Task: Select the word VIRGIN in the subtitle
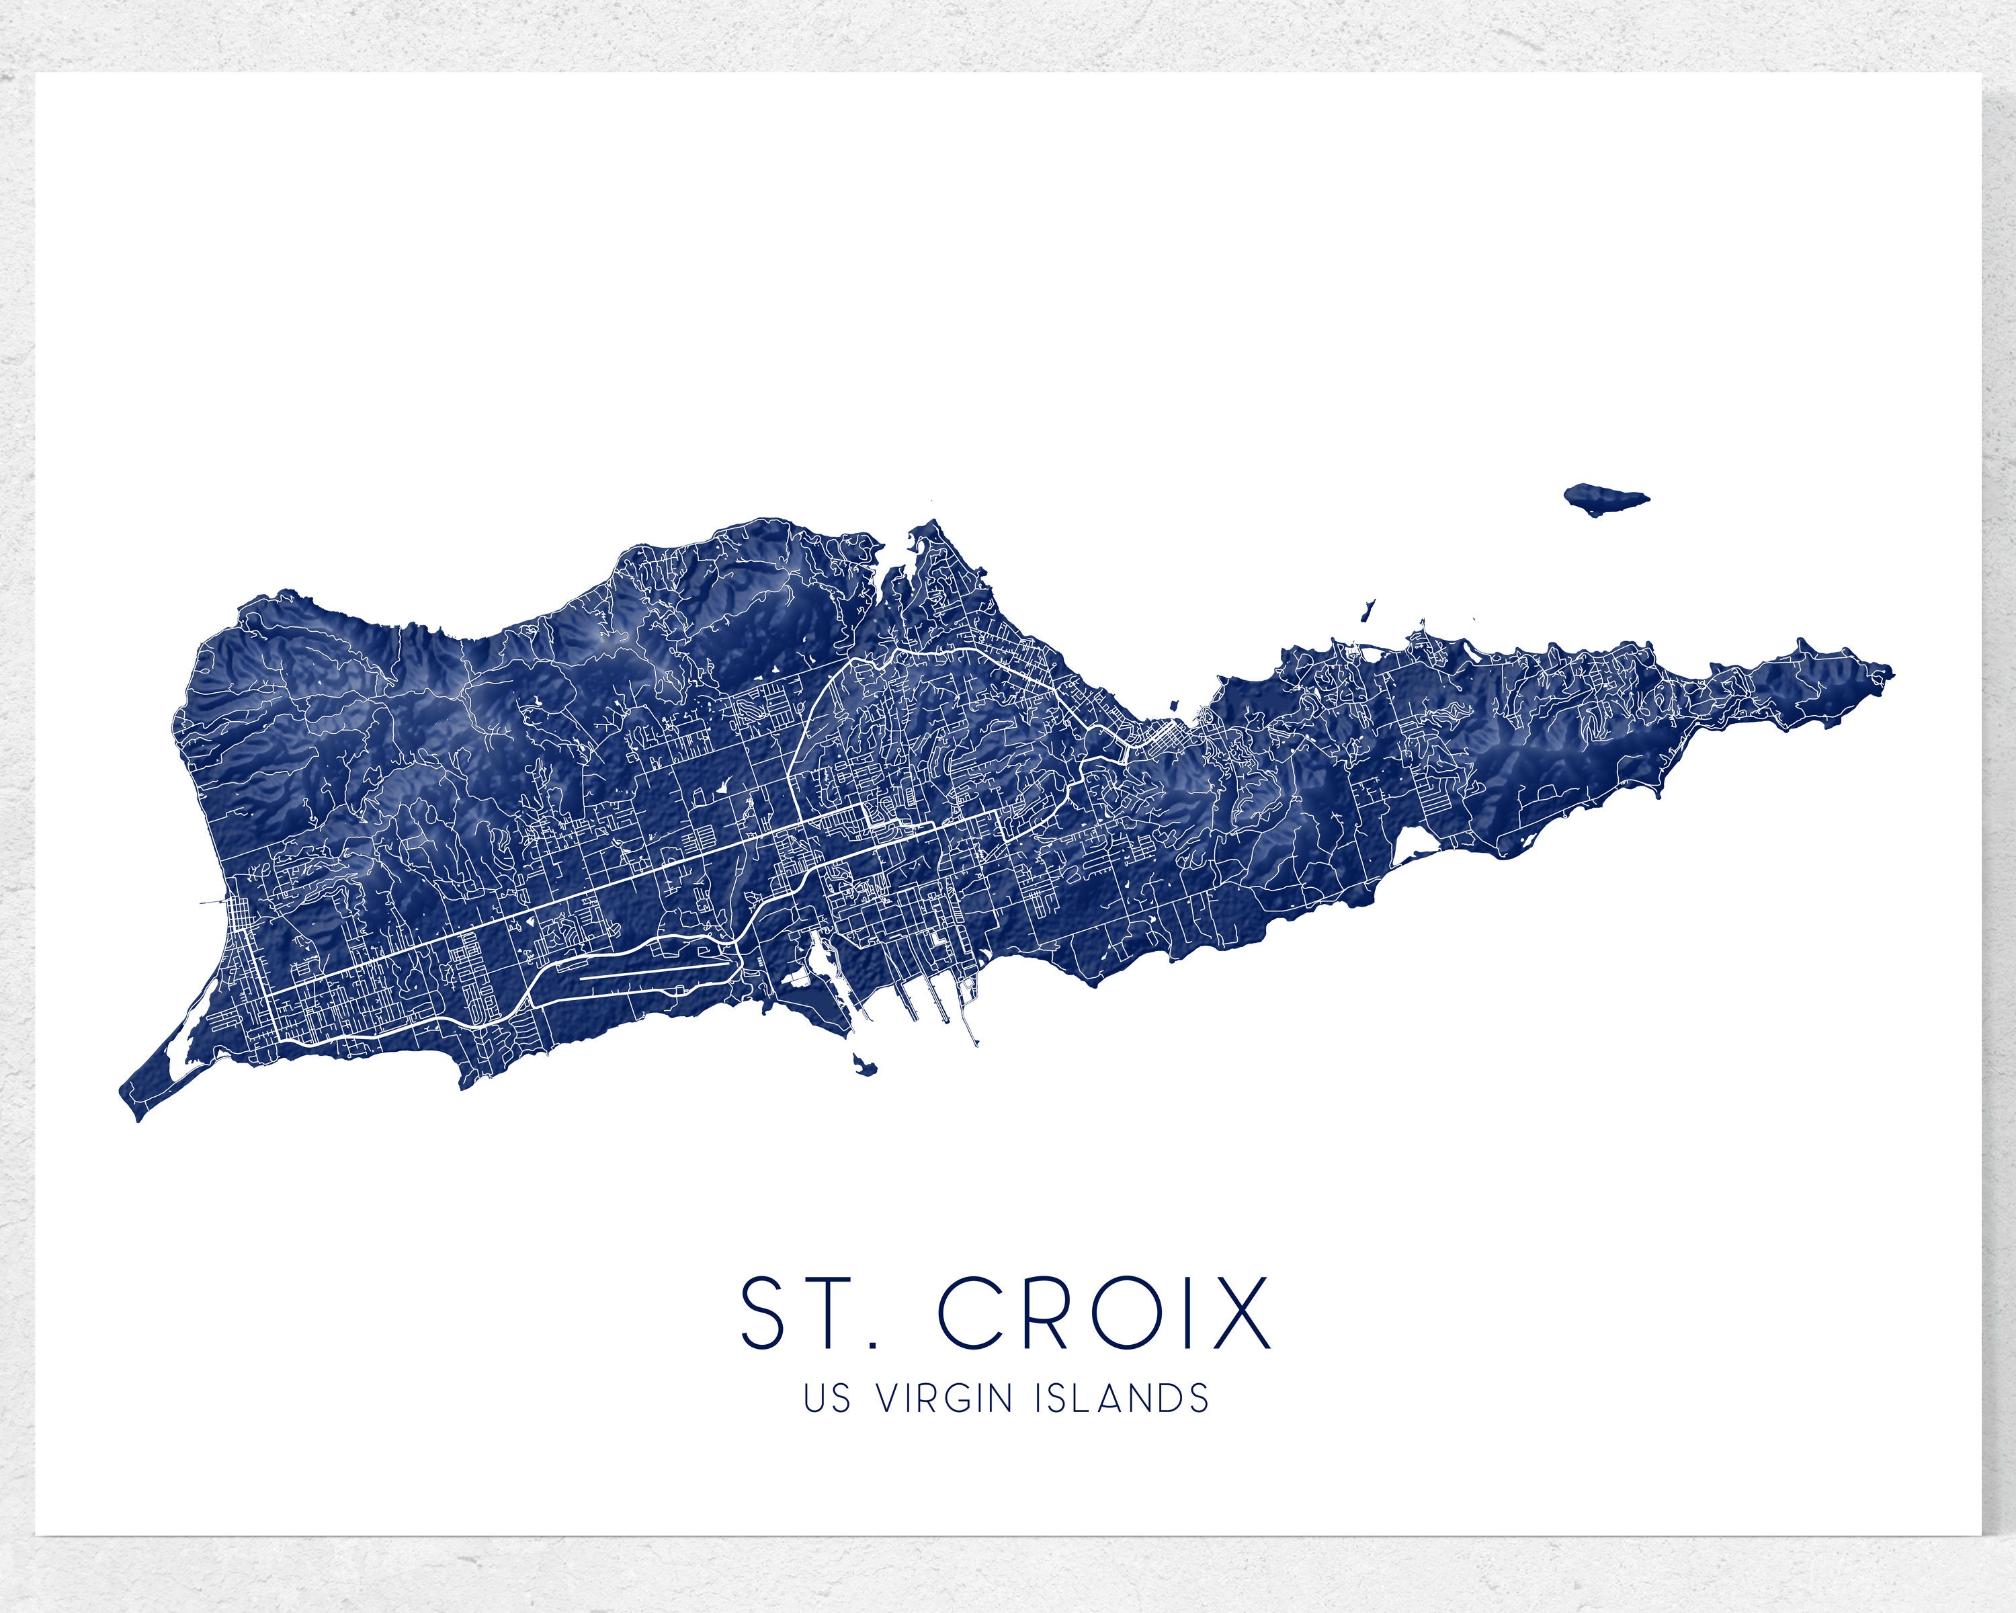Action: coord(946,1425)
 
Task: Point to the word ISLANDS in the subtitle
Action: coord(1122,1425)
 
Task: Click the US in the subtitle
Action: coord(827,1425)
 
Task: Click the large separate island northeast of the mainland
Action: coord(1605,499)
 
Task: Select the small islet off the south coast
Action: coord(864,1064)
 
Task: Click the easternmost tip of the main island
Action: coord(1892,671)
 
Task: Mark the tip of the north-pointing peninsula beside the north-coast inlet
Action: coord(931,526)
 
